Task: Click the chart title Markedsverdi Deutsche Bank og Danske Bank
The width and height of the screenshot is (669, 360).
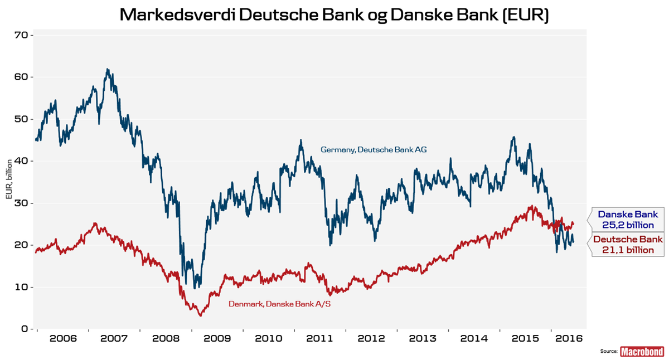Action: pos(334,15)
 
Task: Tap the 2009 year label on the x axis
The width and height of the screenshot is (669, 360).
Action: pos(217,338)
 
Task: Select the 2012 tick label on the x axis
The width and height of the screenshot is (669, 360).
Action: pos(371,338)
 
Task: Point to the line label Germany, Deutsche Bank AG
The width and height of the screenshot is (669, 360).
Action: pos(373,149)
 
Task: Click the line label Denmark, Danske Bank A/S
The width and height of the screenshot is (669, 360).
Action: pos(279,304)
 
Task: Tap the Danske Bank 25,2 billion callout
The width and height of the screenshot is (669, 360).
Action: pos(628,219)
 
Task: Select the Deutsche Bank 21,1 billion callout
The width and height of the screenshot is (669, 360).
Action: pos(628,245)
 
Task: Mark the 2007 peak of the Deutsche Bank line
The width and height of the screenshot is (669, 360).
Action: pos(108,69)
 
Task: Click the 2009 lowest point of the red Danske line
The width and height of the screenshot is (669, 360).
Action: pos(200,315)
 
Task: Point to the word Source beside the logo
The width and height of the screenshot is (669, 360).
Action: pos(609,352)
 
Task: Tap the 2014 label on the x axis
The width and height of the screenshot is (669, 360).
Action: pos(475,338)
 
